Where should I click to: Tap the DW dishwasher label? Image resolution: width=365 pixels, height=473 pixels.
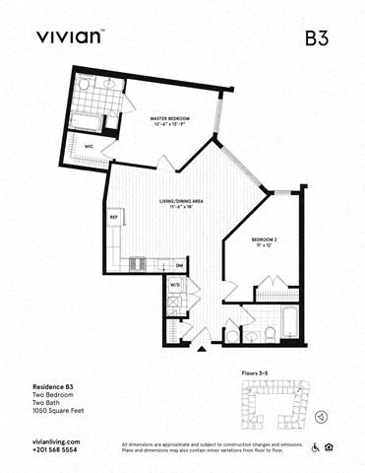click(180, 265)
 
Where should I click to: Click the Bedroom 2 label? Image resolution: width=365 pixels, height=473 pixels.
click(263, 239)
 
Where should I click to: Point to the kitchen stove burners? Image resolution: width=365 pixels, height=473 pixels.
click(138, 264)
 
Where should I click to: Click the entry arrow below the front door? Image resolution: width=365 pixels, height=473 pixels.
click(202, 349)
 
